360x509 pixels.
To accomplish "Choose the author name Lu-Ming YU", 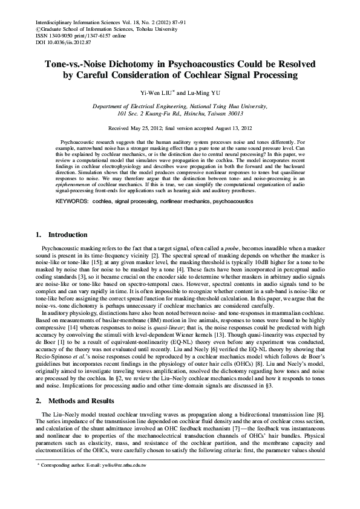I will click(x=205, y=93).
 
